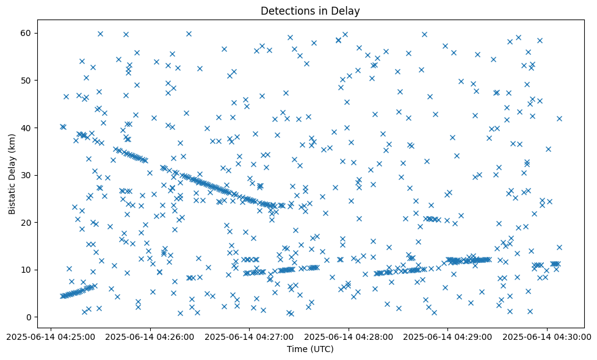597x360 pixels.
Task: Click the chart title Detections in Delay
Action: point(310,10)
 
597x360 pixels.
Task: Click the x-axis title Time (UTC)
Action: point(310,349)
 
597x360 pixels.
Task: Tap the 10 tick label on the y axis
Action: point(27,270)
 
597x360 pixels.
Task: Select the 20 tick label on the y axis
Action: point(27,223)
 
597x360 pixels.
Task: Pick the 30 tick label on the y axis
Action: point(27,175)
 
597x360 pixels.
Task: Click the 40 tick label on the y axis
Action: point(27,128)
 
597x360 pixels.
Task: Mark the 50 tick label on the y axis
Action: point(27,80)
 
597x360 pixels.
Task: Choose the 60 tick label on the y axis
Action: point(27,33)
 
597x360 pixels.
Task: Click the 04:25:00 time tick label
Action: point(51,336)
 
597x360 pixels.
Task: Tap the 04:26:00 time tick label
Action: point(150,336)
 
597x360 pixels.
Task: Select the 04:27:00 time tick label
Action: point(249,336)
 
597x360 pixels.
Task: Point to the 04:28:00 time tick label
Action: point(349,336)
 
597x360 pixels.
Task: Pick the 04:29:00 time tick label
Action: point(447,336)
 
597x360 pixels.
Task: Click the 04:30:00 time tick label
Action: point(547,336)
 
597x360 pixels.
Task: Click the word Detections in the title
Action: point(286,10)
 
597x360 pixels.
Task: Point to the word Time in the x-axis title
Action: point(297,349)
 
